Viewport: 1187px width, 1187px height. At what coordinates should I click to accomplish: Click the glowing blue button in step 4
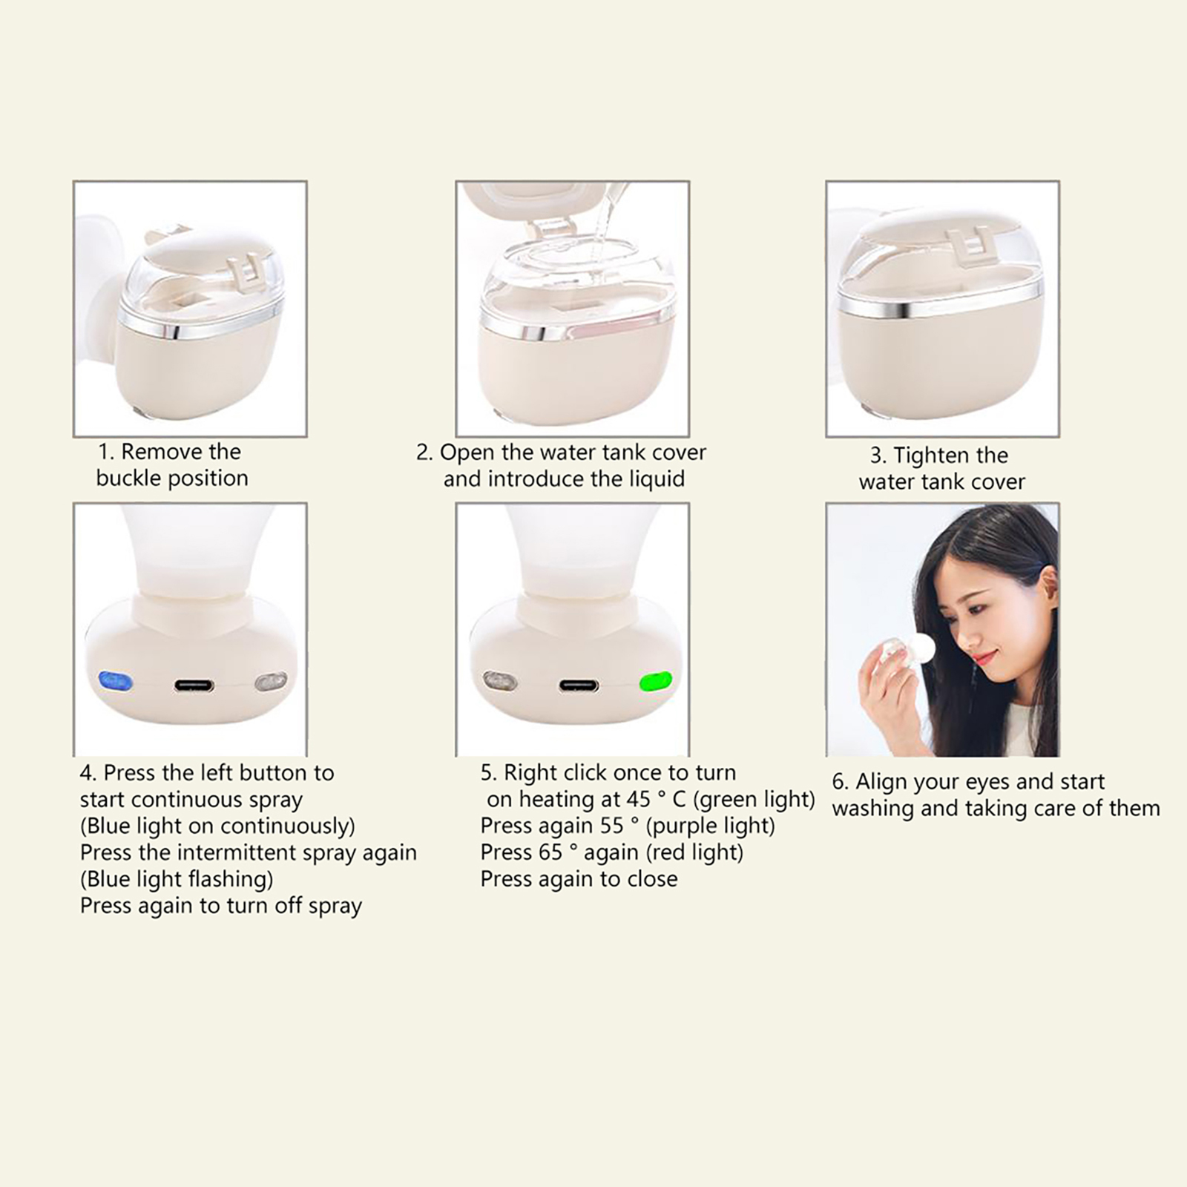coord(116,681)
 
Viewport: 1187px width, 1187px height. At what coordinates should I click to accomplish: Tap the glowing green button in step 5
coord(656,681)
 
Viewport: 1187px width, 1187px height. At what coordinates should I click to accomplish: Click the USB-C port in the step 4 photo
coord(194,685)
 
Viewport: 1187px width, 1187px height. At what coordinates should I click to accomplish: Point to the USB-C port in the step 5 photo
coord(579,685)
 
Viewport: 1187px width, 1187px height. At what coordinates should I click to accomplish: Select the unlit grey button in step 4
coord(271,682)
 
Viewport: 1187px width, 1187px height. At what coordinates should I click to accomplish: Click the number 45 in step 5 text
coord(638,799)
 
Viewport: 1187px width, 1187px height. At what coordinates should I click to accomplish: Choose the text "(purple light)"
coord(711,826)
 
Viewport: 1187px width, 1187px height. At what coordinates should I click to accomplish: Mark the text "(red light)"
coord(694,852)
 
